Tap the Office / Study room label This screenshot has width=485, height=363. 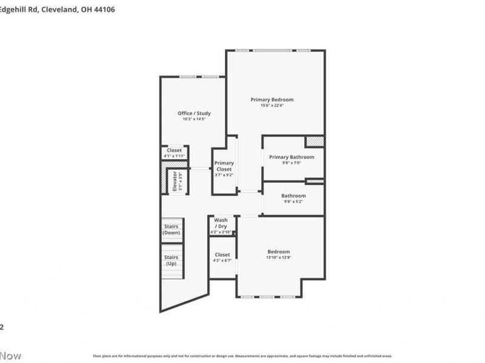click(x=194, y=113)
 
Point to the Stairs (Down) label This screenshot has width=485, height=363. click(x=172, y=230)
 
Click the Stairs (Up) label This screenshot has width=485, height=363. click(x=172, y=260)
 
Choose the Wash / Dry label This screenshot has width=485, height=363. click(x=221, y=223)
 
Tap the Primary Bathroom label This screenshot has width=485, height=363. click(x=292, y=157)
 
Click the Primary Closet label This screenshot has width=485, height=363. click(x=224, y=166)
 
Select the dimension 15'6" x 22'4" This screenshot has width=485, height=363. click(x=272, y=105)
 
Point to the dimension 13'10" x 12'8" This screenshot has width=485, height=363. click(x=279, y=258)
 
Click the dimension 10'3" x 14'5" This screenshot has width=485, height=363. click(x=194, y=119)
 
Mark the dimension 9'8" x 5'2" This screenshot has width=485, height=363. click(x=293, y=202)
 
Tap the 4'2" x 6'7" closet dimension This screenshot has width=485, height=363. click(x=222, y=261)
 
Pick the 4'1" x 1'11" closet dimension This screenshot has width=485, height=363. click(x=174, y=156)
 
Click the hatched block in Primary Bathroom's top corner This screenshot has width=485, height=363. click(x=315, y=141)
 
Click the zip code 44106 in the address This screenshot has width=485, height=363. click(x=103, y=10)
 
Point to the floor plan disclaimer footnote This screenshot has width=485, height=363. click(x=242, y=356)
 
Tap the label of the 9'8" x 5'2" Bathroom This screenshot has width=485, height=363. click(x=293, y=196)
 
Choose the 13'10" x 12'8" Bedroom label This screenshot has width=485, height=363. click(x=279, y=252)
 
